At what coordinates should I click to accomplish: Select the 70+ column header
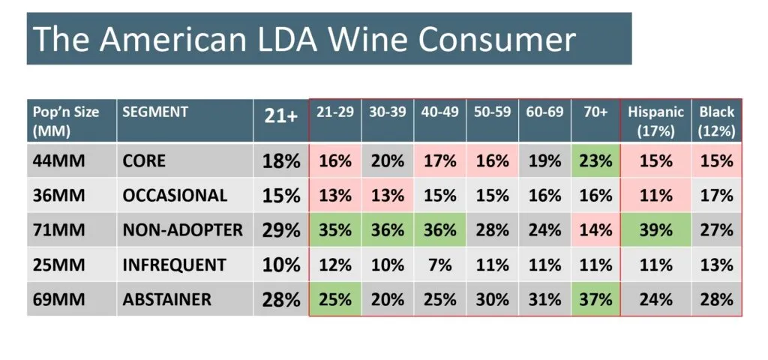coord(595,112)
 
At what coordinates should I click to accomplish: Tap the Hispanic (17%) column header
coord(656,121)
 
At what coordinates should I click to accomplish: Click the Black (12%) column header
coord(716,121)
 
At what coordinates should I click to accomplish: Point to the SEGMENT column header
coord(155,112)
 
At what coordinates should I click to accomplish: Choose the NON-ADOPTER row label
coord(182,230)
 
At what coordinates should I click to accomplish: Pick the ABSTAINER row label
coord(166,299)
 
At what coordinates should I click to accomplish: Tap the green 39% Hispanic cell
coord(656,230)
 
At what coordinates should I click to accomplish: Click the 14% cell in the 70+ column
coord(595,230)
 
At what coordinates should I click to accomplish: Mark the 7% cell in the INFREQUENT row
coord(439,265)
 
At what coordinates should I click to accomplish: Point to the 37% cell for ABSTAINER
coord(595,299)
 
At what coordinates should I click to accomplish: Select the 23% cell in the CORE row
coord(595,161)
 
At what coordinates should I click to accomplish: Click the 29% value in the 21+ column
coord(281,230)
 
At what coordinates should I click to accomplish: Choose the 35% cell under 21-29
coord(335,230)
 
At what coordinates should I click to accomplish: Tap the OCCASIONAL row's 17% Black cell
coord(716,196)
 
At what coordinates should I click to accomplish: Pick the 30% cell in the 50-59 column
coord(492,299)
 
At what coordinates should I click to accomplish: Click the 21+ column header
coord(281,117)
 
